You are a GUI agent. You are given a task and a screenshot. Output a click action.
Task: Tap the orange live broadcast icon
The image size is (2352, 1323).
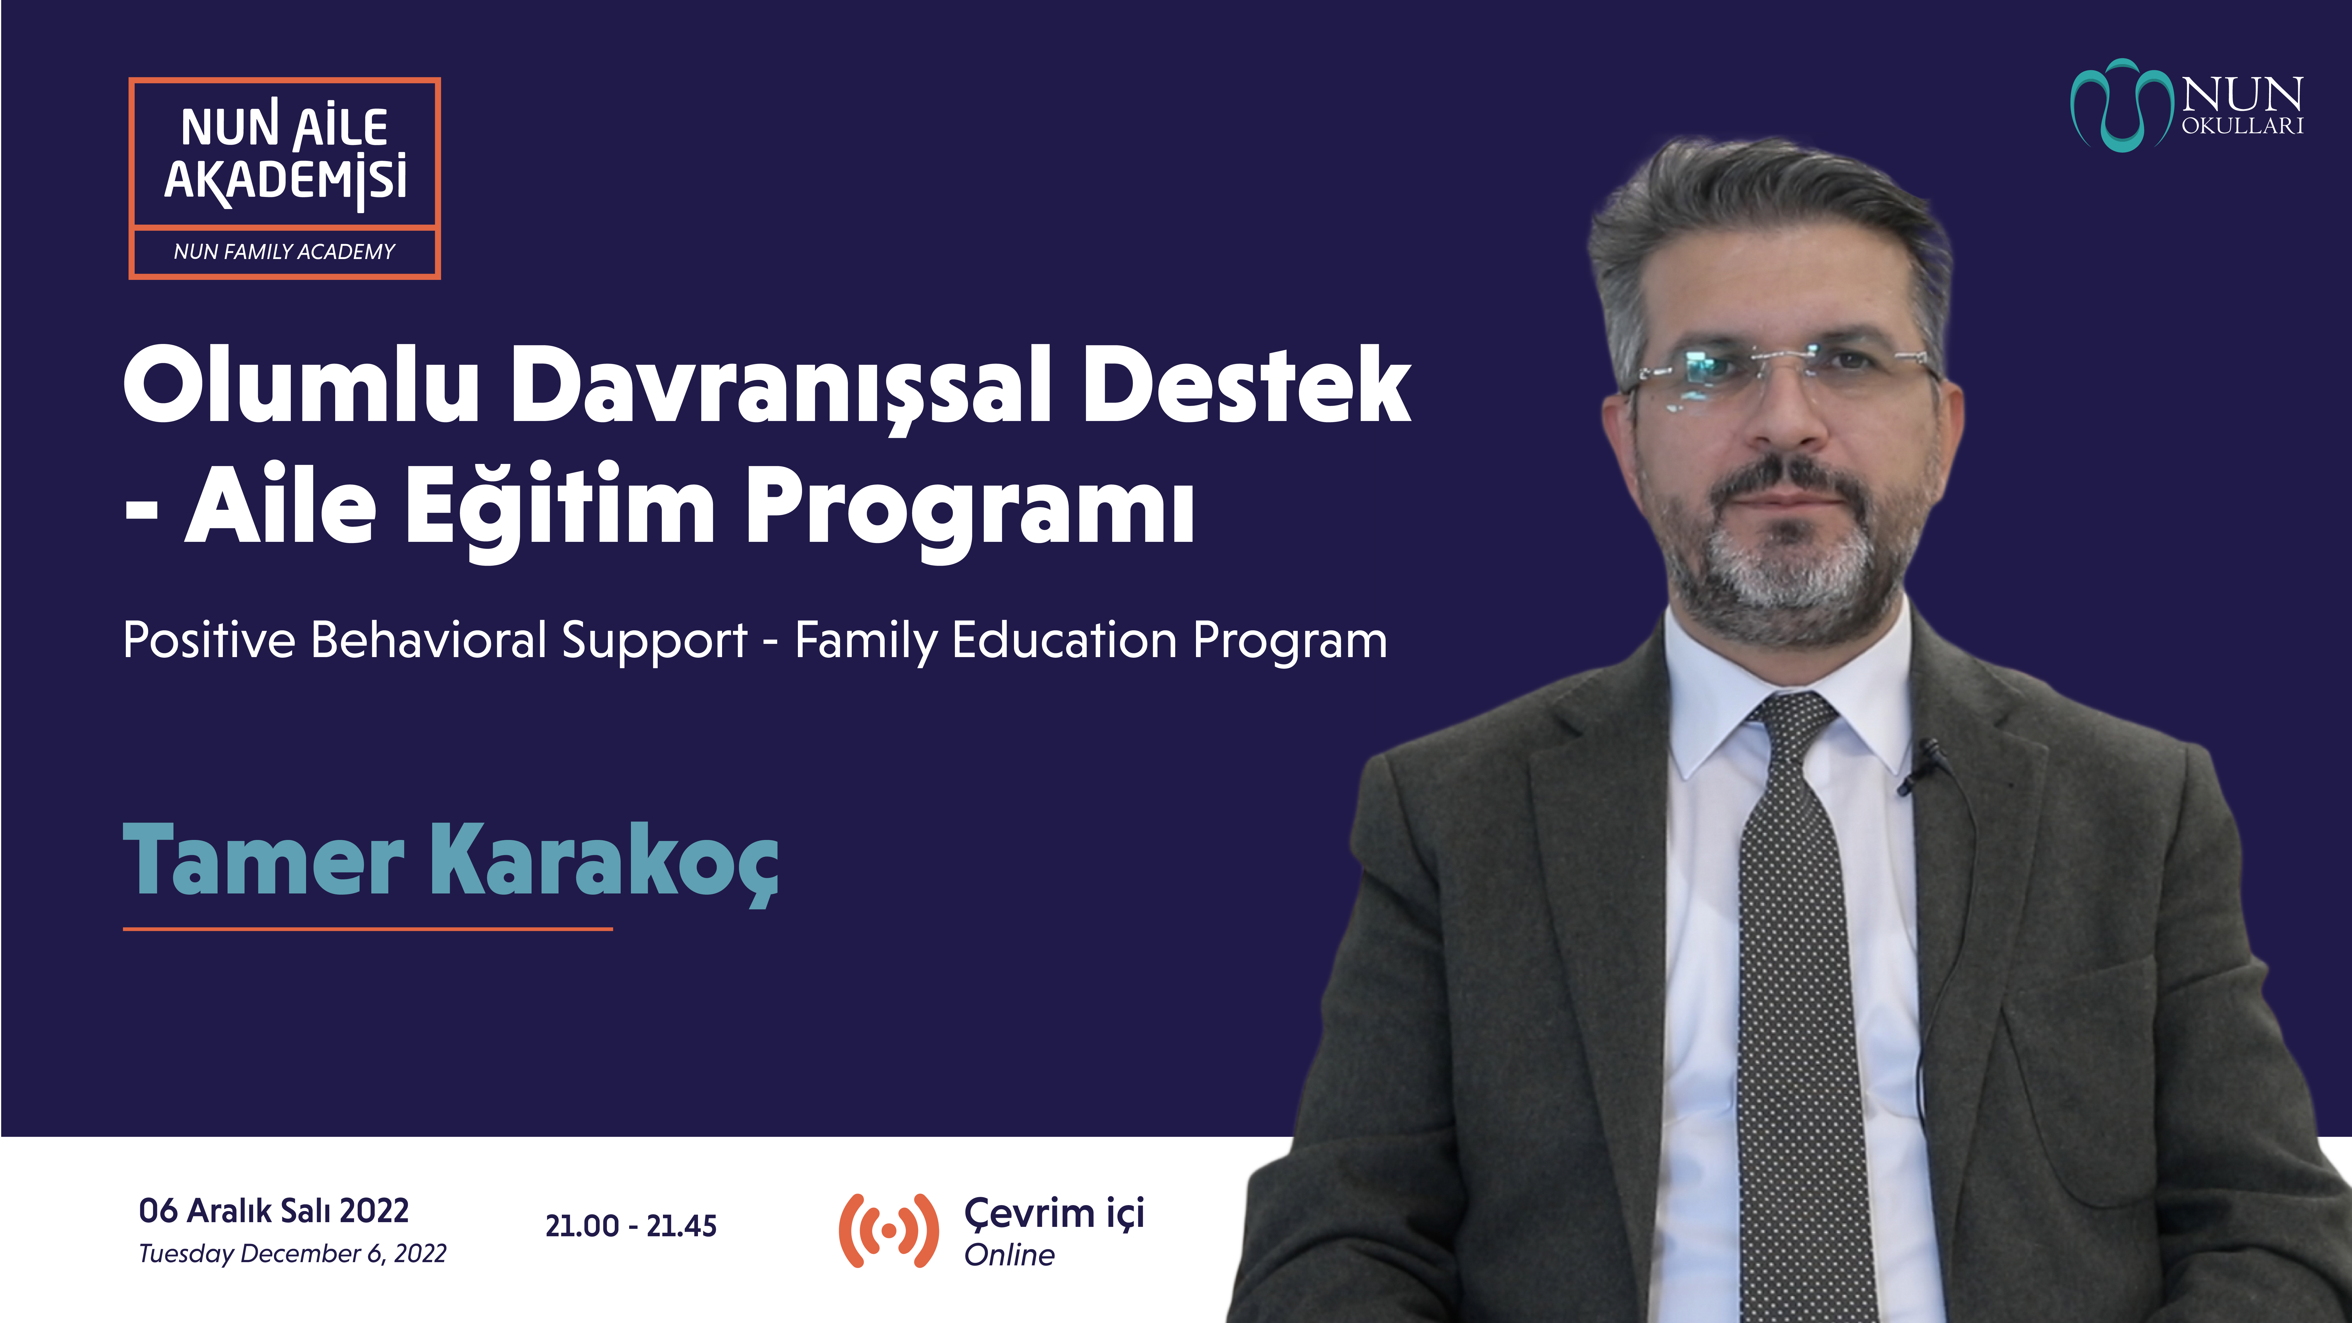click(888, 1230)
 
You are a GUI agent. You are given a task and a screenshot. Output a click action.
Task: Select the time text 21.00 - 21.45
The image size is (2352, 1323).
click(631, 1225)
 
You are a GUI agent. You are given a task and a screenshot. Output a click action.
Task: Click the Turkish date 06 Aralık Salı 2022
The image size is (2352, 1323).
click(274, 1211)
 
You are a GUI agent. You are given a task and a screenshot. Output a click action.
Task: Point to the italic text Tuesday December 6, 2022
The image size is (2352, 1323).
click(292, 1254)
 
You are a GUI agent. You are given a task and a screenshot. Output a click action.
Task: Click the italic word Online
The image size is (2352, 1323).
click(1010, 1255)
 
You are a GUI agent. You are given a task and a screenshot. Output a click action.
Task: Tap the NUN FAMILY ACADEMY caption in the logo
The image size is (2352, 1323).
click(284, 251)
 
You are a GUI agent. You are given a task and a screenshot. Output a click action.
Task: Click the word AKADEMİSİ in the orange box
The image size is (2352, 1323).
click(286, 179)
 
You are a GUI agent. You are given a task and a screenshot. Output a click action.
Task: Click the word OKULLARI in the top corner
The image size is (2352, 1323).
click(2242, 126)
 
